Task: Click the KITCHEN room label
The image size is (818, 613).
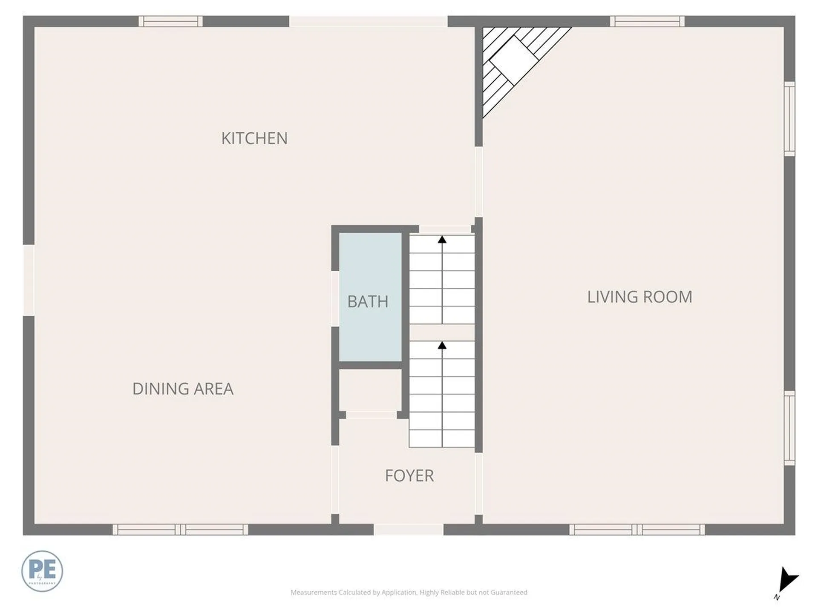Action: (254, 138)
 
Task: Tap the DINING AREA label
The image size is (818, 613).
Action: (183, 389)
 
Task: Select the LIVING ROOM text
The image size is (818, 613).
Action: (639, 297)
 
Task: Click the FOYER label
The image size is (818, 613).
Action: (409, 476)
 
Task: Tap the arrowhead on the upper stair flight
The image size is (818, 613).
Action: (442, 240)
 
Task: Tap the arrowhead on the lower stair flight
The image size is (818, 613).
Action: (442, 346)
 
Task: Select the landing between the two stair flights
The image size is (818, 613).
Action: (442, 332)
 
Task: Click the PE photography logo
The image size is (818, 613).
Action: (42, 571)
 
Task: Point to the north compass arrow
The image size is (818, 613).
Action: (786, 581)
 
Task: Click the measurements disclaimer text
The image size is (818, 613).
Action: (409, 592)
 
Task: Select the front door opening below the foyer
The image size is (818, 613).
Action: (409, 530)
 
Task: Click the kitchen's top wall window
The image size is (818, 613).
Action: (170, 21)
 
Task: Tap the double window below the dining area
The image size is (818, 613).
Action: (180, 530)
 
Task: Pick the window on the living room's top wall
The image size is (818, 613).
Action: (647, 21)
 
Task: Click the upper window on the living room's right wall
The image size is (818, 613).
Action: (789, 119)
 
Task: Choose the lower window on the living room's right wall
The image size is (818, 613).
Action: (789, 428)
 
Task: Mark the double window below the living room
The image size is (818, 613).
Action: (637, 530)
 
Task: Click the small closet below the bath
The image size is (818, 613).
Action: (370, 390)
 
